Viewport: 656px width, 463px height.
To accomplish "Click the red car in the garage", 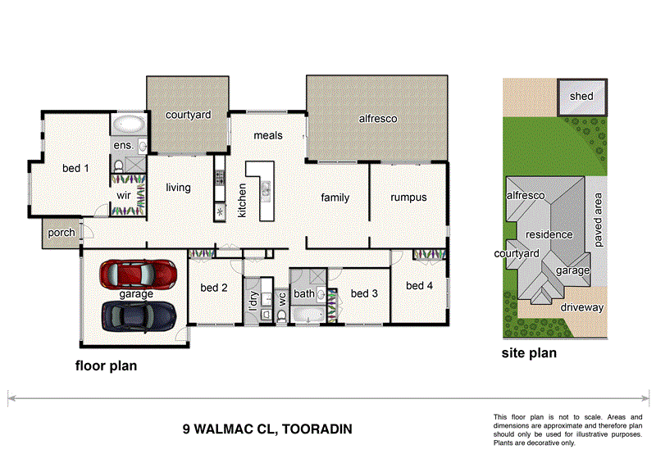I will (x=138, y=274).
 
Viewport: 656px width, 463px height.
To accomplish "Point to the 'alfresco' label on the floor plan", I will (x=377, y=119).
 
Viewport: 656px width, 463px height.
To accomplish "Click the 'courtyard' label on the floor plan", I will (x=189, y=116).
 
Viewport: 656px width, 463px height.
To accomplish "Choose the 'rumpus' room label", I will (x=408, y=197).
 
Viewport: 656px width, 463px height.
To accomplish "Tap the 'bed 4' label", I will (x=419, y=285).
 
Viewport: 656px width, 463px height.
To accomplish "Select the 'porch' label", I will (x=61, y=233).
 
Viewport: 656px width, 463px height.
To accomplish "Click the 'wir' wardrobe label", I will (x=124, y=196).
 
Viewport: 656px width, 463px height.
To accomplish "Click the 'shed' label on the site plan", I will (x=581, y=97).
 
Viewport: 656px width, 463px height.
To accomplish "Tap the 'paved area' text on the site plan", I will (x=599, y=220).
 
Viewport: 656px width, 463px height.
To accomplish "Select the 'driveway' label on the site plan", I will (x=582, y=308).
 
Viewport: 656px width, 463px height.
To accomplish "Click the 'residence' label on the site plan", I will (x=549, y=234).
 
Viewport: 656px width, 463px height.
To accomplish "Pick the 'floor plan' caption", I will (x=106, y=366).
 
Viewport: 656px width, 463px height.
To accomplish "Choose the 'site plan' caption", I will (x=529, y=354).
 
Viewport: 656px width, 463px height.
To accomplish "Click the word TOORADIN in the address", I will (x=317, y=428).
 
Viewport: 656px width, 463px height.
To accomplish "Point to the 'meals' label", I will (x=268, y=135).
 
